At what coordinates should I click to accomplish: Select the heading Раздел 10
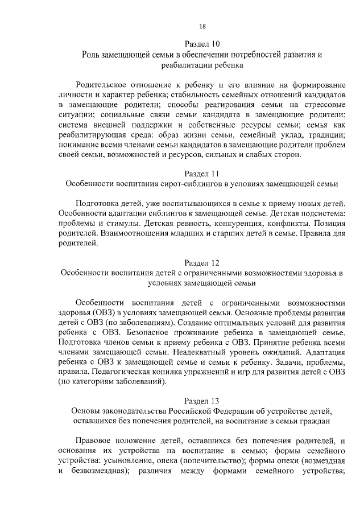(202, 44)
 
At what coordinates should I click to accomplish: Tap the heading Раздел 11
(202, 173)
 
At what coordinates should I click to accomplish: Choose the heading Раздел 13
(202, 400)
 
